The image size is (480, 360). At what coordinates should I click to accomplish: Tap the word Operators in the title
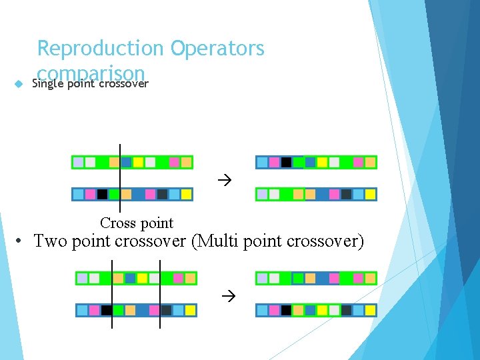[x=217, y=49]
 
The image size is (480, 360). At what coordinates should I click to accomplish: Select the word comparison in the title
[x=91, y=72]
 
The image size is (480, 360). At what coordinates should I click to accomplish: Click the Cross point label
[x=136, y=223]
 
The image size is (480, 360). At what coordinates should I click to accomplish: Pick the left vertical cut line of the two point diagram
[x=112, y=293]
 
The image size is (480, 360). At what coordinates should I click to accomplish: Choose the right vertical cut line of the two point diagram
[x=160, y=293]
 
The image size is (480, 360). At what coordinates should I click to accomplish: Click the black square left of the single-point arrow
[x=102, y=195]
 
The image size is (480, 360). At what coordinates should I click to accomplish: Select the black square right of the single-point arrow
[x=286, y=162]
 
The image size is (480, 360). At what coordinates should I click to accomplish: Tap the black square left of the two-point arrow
[x=106, y=310]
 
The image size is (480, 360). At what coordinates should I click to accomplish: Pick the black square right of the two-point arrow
[x=286, y=310]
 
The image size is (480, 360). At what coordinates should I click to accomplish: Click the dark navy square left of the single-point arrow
[x=162, y=195]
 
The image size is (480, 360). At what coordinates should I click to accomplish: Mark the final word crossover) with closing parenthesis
[x=328, y=241]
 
